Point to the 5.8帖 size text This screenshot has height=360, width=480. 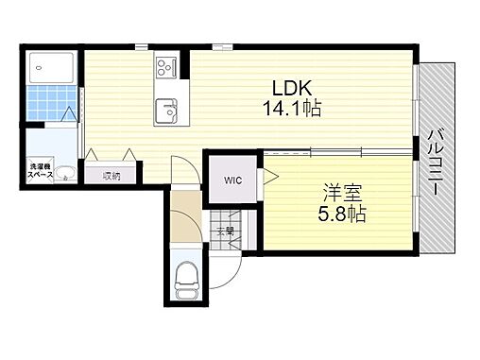[342, 214]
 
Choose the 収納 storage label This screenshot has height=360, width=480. [112, 176]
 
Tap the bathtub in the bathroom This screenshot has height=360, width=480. [53, 67]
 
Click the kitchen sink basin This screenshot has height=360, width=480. [168, 110]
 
